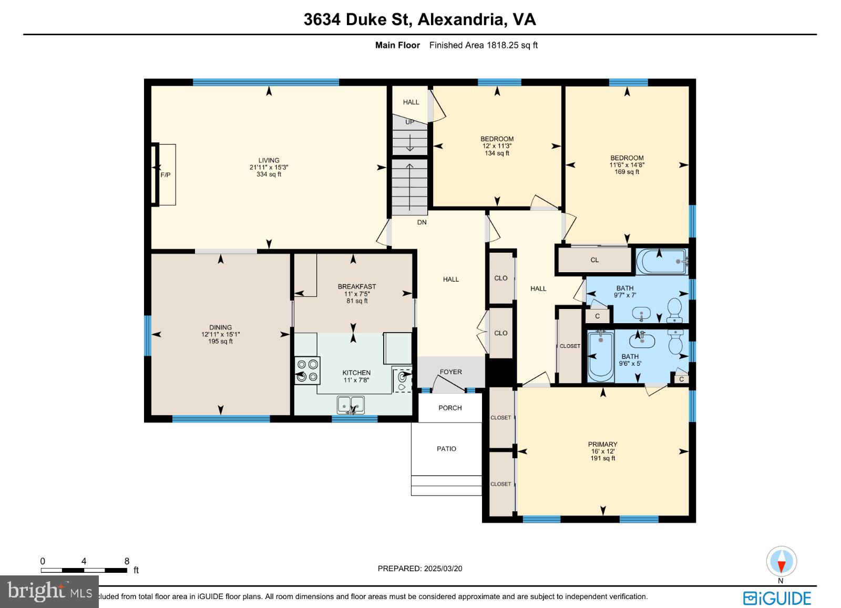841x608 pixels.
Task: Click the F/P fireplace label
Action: coord(166,175)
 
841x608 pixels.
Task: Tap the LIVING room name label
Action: coord(269,160)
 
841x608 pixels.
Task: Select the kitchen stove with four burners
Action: coord(307,370)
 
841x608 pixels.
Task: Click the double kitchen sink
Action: coord(351,405)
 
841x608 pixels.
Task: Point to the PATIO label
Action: coord(446,449)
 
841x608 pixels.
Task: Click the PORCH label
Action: coord(450,408)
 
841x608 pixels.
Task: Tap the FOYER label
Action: coord(450,372)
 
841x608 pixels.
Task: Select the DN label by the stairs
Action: coord(422,222)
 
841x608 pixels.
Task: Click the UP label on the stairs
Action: coord(409,122)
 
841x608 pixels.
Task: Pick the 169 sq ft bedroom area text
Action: coord(627,172)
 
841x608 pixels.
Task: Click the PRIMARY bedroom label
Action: coord(602,444)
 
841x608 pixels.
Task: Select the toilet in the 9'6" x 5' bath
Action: coord(675,344)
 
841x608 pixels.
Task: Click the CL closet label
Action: coord(594,260)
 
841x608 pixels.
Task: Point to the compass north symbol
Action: coord(781,562)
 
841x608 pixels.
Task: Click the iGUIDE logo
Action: coord(777,598)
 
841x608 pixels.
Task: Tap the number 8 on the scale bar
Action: coord(127,561)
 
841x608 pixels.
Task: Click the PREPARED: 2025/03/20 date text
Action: coord(420,568)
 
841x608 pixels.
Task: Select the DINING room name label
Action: coord(220,327)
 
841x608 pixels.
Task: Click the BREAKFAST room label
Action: coord(356,286)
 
